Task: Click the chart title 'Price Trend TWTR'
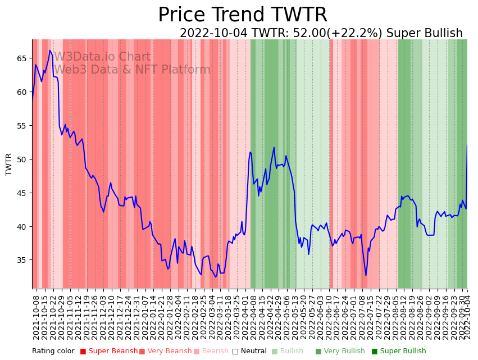(x=242, y=15)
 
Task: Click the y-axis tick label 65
(x=22, y=58)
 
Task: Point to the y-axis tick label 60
(x=22, y=92)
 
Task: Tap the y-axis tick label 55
(x=22, y=126)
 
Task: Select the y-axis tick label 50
(x=22, y=160)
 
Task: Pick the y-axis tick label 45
(x=22, y=193)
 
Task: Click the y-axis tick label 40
(x=22, y=227)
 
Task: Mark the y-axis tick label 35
(x=22, y=261)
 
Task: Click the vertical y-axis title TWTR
(x=9, y=164)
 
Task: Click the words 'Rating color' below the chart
(x=53, y=352)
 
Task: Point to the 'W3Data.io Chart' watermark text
(x=102, y=57)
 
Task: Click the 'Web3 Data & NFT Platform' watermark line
(x=132, y=70)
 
